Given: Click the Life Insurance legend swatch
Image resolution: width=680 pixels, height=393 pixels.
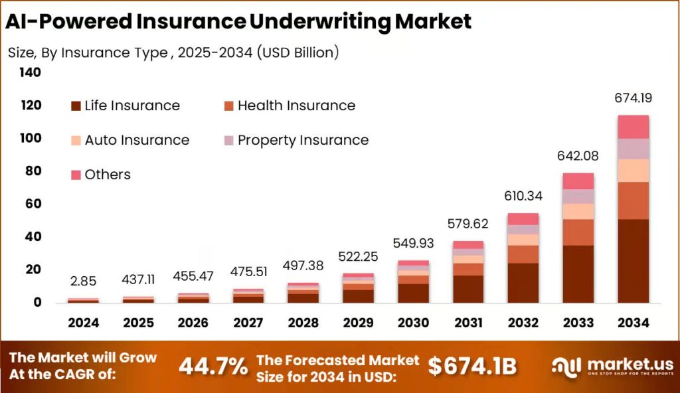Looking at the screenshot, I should coord(76,106).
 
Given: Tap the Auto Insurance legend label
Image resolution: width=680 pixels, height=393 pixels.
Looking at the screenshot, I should coord(137,140).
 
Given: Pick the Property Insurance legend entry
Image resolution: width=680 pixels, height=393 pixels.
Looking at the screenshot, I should coord(302,140).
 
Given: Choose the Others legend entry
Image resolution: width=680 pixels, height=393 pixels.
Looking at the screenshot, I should coord(107,175).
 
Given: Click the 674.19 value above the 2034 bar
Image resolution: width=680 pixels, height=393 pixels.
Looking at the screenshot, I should coord(633,98).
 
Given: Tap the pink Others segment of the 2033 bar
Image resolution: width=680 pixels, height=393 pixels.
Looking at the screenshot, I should coord(578,181).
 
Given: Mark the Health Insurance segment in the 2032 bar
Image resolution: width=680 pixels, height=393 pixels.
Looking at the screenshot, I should coord(523,254).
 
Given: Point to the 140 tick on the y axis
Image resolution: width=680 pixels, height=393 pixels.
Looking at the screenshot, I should coord(29,72).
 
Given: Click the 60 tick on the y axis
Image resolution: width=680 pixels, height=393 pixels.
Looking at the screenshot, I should coord(33,204).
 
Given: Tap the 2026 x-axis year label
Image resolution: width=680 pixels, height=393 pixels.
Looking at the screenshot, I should coord(193,323).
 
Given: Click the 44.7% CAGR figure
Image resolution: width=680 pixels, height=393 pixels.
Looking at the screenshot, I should coord(214,365).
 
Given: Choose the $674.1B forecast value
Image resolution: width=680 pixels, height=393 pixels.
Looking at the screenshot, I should coord(471,365).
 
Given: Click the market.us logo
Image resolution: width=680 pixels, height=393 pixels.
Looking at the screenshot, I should coord(612,366).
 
